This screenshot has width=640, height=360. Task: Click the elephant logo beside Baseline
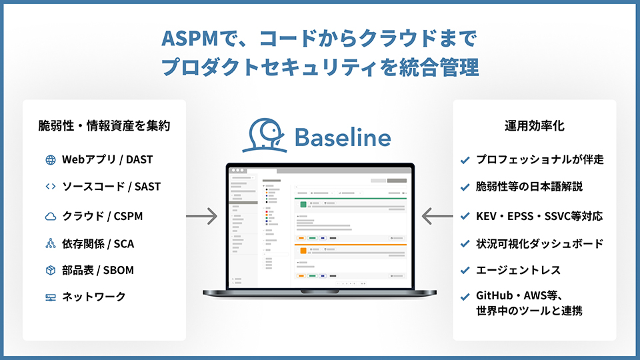click(x=266, y=135)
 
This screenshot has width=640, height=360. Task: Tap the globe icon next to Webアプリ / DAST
click(x=50, y=160)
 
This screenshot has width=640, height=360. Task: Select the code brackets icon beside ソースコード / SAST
click(x=50, y=187)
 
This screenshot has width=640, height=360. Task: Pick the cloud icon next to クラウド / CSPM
click(x=50, y=216)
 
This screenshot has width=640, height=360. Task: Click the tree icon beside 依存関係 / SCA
click(x=50, y=243)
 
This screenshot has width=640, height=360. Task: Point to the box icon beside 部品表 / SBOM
click(x=50, y=270)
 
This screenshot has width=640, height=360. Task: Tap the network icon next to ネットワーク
click(x=50, y=297)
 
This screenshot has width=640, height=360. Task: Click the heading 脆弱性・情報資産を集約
click(x=104, y=125)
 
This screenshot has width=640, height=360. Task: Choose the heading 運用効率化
click(x=534, y=125)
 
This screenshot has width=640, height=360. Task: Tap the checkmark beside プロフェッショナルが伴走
click(x=465, y=160)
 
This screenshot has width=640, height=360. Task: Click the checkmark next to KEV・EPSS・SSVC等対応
click(x=465, y=216)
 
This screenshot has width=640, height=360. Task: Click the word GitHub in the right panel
click(x=494, y=297)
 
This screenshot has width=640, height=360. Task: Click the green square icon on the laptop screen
click(x=303, y=205)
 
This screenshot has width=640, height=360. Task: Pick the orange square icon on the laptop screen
click(x=303, y=251)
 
